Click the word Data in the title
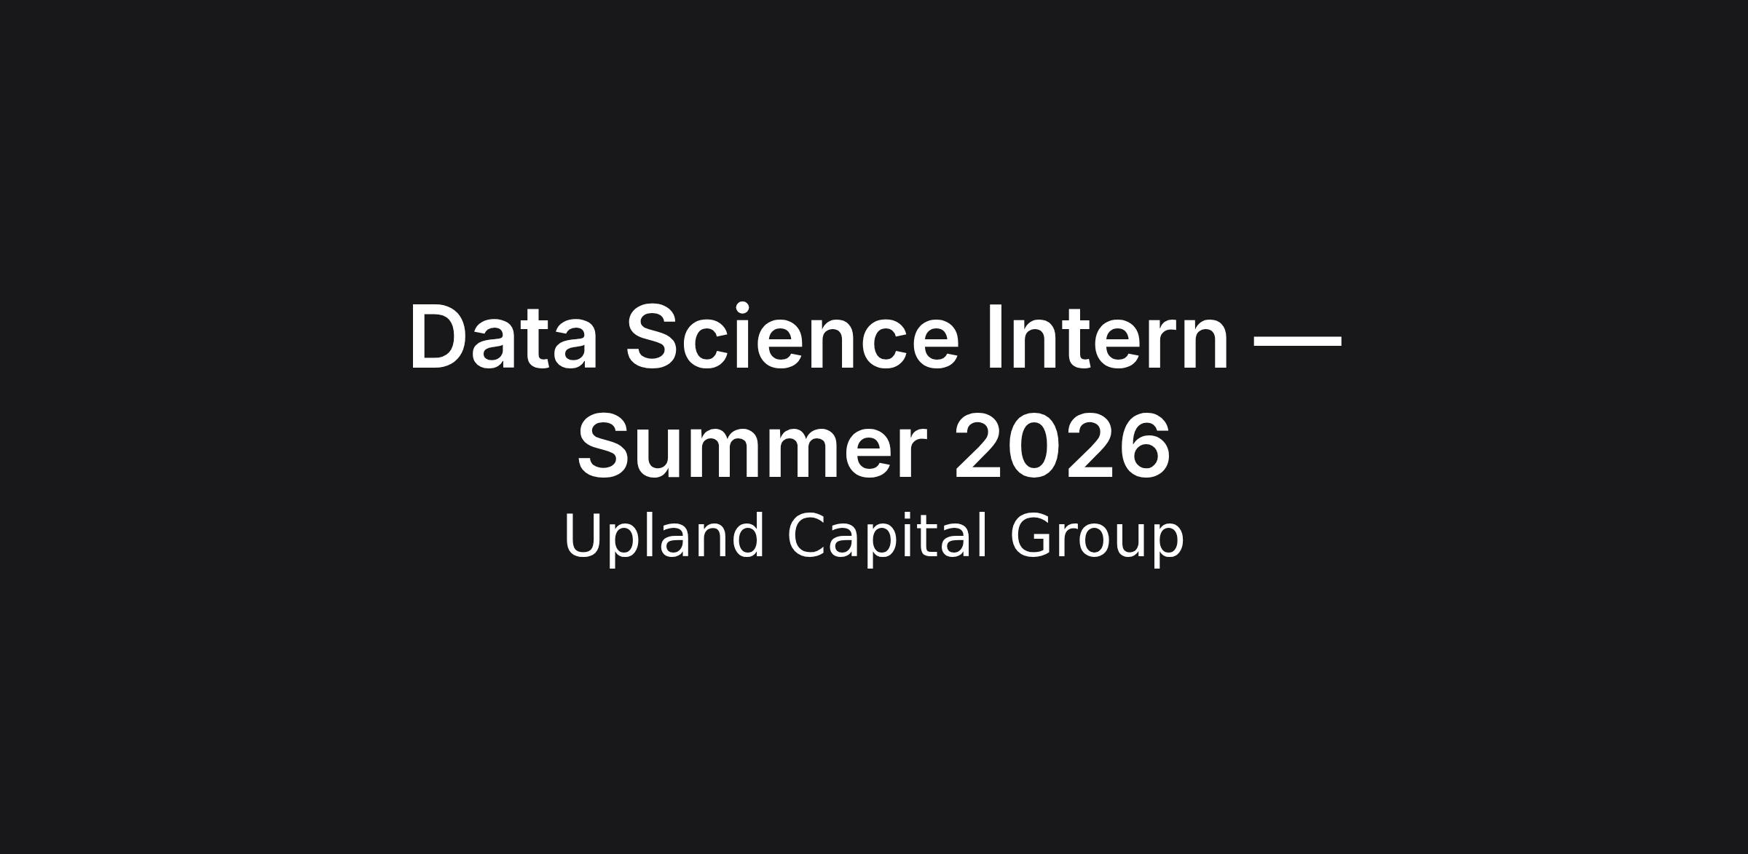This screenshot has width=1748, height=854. (504, 337)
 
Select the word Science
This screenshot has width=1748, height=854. (792, 336)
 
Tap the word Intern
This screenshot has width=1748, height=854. (1108, 337)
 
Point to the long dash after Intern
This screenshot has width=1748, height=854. (1297, 340)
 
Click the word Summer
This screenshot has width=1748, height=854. (752, 446)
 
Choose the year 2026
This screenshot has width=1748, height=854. (1062, 445)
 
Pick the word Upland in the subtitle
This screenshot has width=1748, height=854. (664, 537)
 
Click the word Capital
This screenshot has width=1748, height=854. (887, 537)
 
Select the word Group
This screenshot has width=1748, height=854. (1096, 538)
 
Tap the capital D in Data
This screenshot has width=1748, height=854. (439, 337)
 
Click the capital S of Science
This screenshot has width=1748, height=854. (654, 336)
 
